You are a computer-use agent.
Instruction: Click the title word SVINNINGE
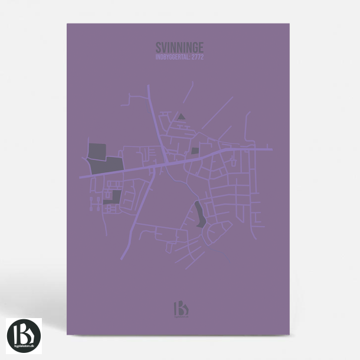[179, 47]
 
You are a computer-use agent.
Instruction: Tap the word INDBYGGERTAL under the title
[172, 57]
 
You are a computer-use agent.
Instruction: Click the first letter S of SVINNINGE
[159, 47]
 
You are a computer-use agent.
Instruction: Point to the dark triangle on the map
[182, 116]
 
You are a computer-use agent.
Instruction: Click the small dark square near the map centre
[195, 151]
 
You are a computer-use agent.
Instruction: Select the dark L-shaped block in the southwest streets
[114, 198]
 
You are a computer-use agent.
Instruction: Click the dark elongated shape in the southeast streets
[199, 214]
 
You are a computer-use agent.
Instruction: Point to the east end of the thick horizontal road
[271, 149]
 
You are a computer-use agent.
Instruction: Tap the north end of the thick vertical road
[148, 86]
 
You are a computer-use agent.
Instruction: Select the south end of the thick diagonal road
[122, 258]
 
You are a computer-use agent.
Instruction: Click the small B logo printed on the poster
[179, 309]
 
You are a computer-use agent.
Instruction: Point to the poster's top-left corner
[67, 24]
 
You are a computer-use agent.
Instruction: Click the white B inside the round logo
[24, 332]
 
